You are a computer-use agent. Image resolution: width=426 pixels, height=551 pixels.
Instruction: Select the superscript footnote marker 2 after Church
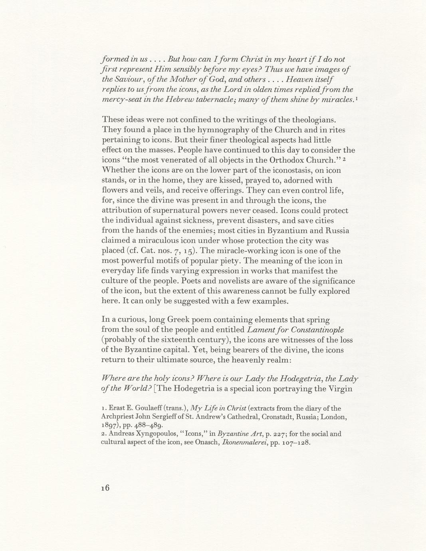(344, 159)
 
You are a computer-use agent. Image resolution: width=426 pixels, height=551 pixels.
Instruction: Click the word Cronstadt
(267, 417)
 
